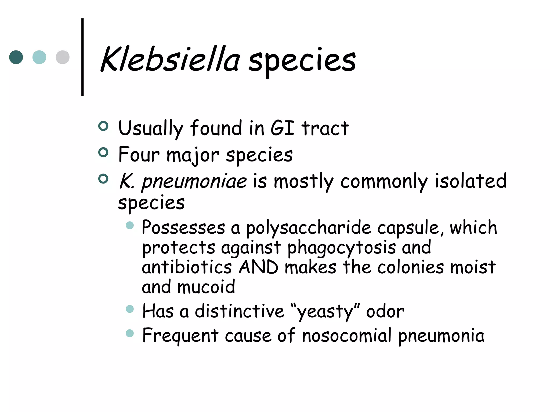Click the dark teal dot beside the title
[x=16, y=57]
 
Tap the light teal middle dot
[x=39, y=57]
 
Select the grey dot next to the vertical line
[x=63, y=57]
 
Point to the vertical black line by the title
[x=82, y=57]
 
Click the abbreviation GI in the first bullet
[x=282, y=128]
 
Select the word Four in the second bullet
[x=139, y=155]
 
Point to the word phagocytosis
[x=341, y=248]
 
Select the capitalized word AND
[x=258, y=267]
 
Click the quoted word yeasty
[x=325, y=312]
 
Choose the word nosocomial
[x=346, y=336]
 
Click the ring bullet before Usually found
[x=103, y=126]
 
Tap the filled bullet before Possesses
[x=130, y=225]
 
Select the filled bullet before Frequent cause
[x=130, y=333]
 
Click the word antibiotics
[x=187, y=267]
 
